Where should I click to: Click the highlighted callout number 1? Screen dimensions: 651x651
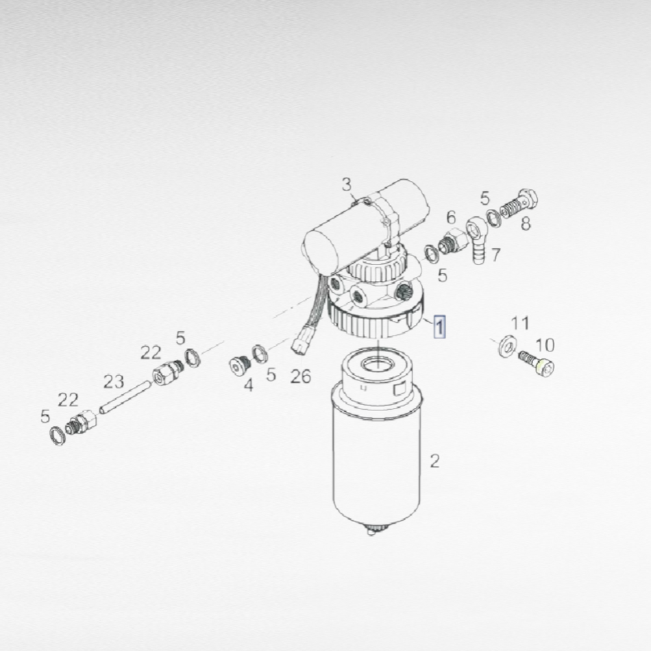[439, 326]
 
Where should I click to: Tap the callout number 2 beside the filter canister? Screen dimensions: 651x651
[434, 461]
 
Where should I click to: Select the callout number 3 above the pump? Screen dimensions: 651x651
[346, 185]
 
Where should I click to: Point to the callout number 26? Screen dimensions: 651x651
[300, 376]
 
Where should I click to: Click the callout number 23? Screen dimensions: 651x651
[113, 382]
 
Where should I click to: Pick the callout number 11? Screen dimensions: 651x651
[520, 323]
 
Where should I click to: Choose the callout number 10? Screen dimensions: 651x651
[545, 345]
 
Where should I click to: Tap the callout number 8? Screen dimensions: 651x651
[526, 224]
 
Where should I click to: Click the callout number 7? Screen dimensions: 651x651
[495, 255]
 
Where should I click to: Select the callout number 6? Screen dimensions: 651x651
[451, 217]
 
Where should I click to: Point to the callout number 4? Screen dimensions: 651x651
[248, 385]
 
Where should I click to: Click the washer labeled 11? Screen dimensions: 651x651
[507, 346]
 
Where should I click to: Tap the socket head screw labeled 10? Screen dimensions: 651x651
[537, 363]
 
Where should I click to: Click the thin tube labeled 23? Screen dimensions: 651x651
[125, 397]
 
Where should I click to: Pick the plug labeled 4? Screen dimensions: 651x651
[240, 366]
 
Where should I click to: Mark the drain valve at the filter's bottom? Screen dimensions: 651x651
[372, 530]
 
